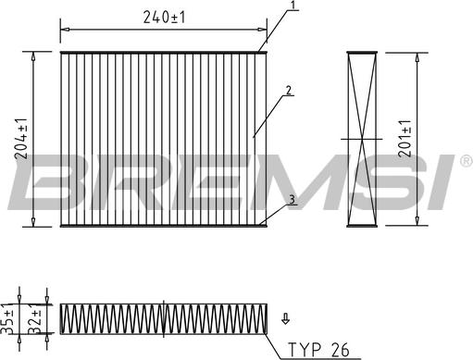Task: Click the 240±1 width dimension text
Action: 164,18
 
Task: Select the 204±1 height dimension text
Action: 21,139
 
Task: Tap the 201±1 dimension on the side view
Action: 405,139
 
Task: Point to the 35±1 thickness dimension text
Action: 7,319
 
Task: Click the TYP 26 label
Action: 318,350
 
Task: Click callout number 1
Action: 293,5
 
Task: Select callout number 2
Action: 288,91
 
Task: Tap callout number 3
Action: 292,199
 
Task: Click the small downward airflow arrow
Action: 286,319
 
